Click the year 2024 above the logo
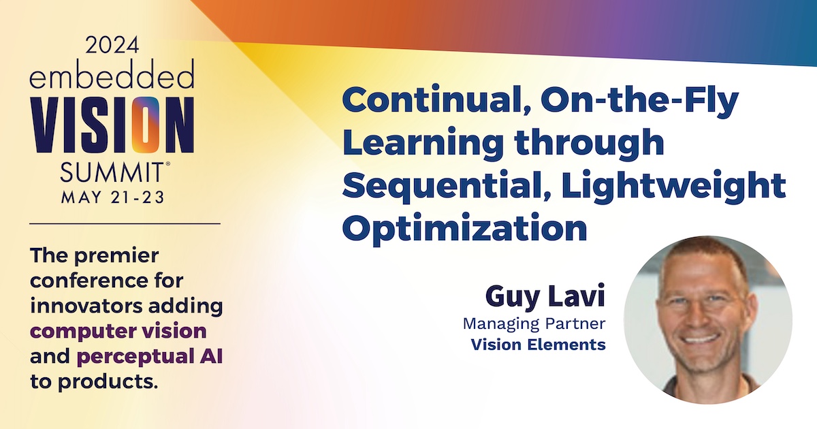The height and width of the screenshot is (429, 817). (x=112, y=45)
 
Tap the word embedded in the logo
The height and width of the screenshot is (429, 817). (x=112, y=74)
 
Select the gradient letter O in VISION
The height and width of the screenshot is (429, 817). (x=145, y=125)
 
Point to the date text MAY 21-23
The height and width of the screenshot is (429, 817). (x=113, y=197)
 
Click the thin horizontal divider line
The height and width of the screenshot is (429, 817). (x=125, y=223)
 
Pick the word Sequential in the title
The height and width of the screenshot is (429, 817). (x=447, y=187)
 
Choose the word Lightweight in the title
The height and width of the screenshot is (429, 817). (x=673, y=186)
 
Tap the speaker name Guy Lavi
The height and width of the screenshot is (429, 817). (x=545, y=296)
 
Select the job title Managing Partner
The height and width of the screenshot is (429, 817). (x=534, y=324)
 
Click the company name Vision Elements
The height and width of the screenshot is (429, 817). (x=539, y=345)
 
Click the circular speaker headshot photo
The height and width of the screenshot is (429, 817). (x=708, y=319)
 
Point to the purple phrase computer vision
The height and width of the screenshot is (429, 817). (x=118, y=332)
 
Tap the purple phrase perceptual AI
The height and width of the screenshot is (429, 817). (x=150, y=357)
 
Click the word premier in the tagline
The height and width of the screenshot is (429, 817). (x=116, y=256)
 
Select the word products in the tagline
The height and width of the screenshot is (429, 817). (x=108, y=382)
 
